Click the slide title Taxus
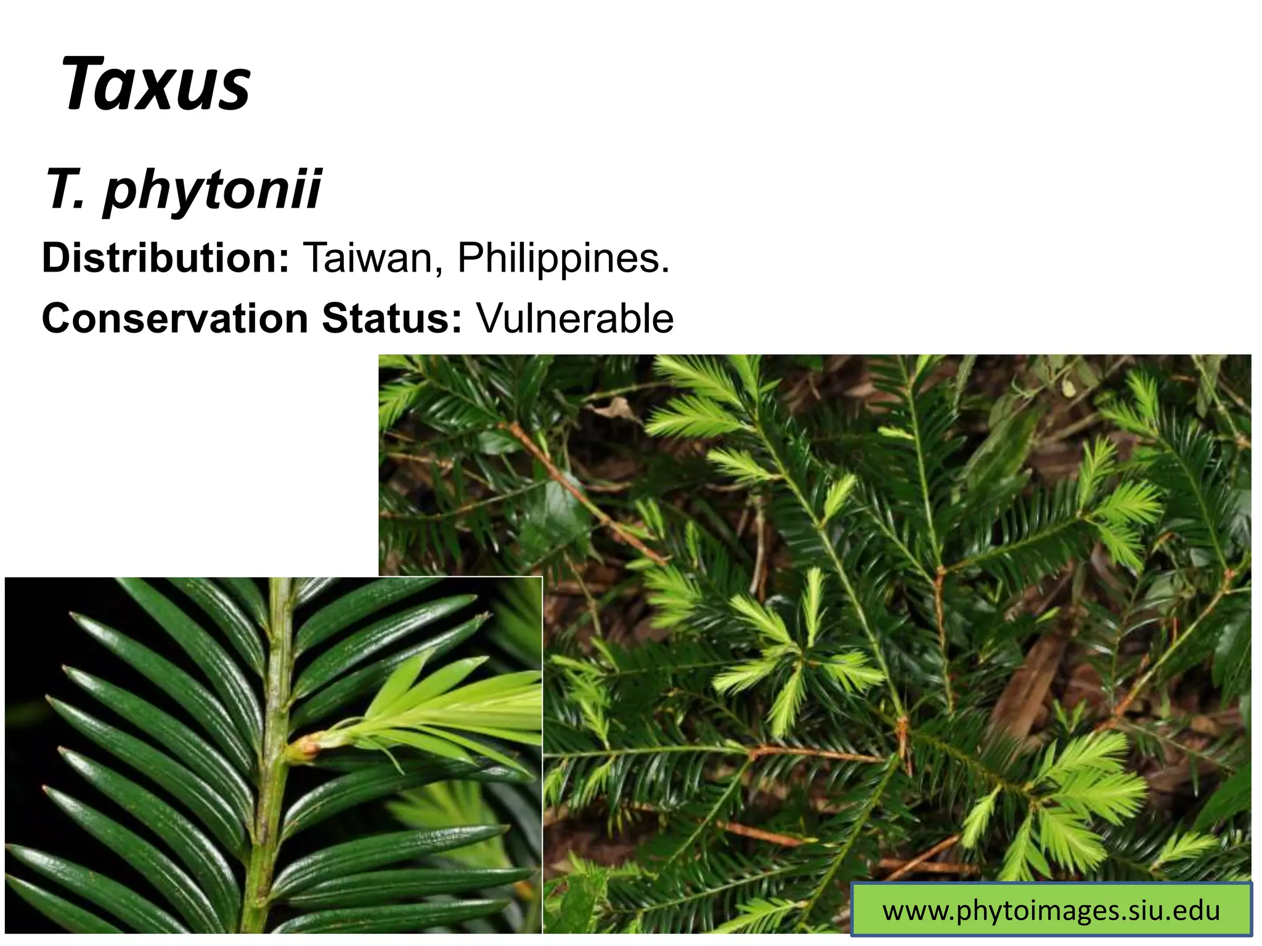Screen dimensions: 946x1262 156,84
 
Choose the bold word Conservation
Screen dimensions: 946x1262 175,318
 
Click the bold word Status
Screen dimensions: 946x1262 388,318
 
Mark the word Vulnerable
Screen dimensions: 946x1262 575,318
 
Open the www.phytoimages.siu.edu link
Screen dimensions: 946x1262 1051,910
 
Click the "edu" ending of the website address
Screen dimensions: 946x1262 1196,910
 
